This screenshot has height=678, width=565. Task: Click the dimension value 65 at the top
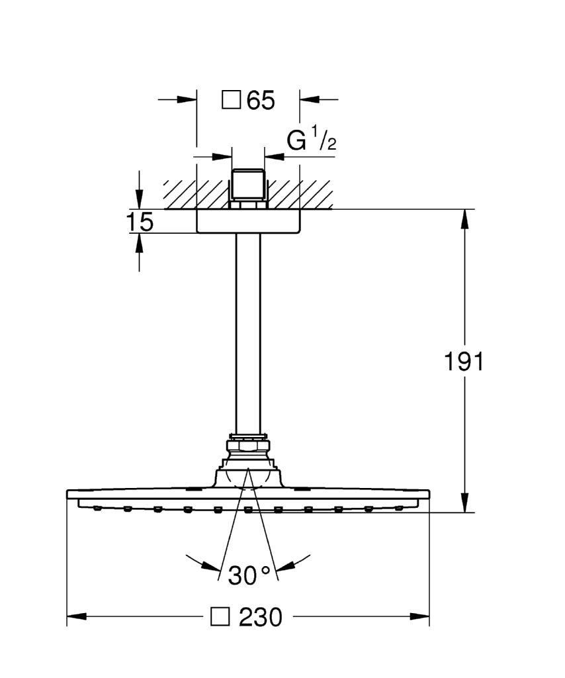tap(261, 101)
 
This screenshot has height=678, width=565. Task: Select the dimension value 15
tap(140, 222)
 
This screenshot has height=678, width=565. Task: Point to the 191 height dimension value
tap(464, 362)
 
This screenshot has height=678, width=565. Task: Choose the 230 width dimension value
tap(261, 617)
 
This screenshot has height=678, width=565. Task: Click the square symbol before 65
tap(231, 101)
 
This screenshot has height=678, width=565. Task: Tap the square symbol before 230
tap(220, 616)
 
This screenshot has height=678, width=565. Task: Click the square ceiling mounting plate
tap(248, 221)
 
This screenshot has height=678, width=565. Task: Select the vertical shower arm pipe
tap(248, 333)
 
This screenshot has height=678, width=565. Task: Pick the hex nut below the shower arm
tap(248, 446)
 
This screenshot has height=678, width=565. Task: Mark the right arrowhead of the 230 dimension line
tap(419, 616)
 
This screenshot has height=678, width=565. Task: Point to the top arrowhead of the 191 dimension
tap(464, 219)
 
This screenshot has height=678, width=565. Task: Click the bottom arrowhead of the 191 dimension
tap(464, 503)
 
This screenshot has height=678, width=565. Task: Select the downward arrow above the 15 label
tap(139, 190)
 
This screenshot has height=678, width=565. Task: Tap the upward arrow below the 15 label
tap(139, 252)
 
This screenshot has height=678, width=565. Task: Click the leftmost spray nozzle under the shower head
tap(97, 508)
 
